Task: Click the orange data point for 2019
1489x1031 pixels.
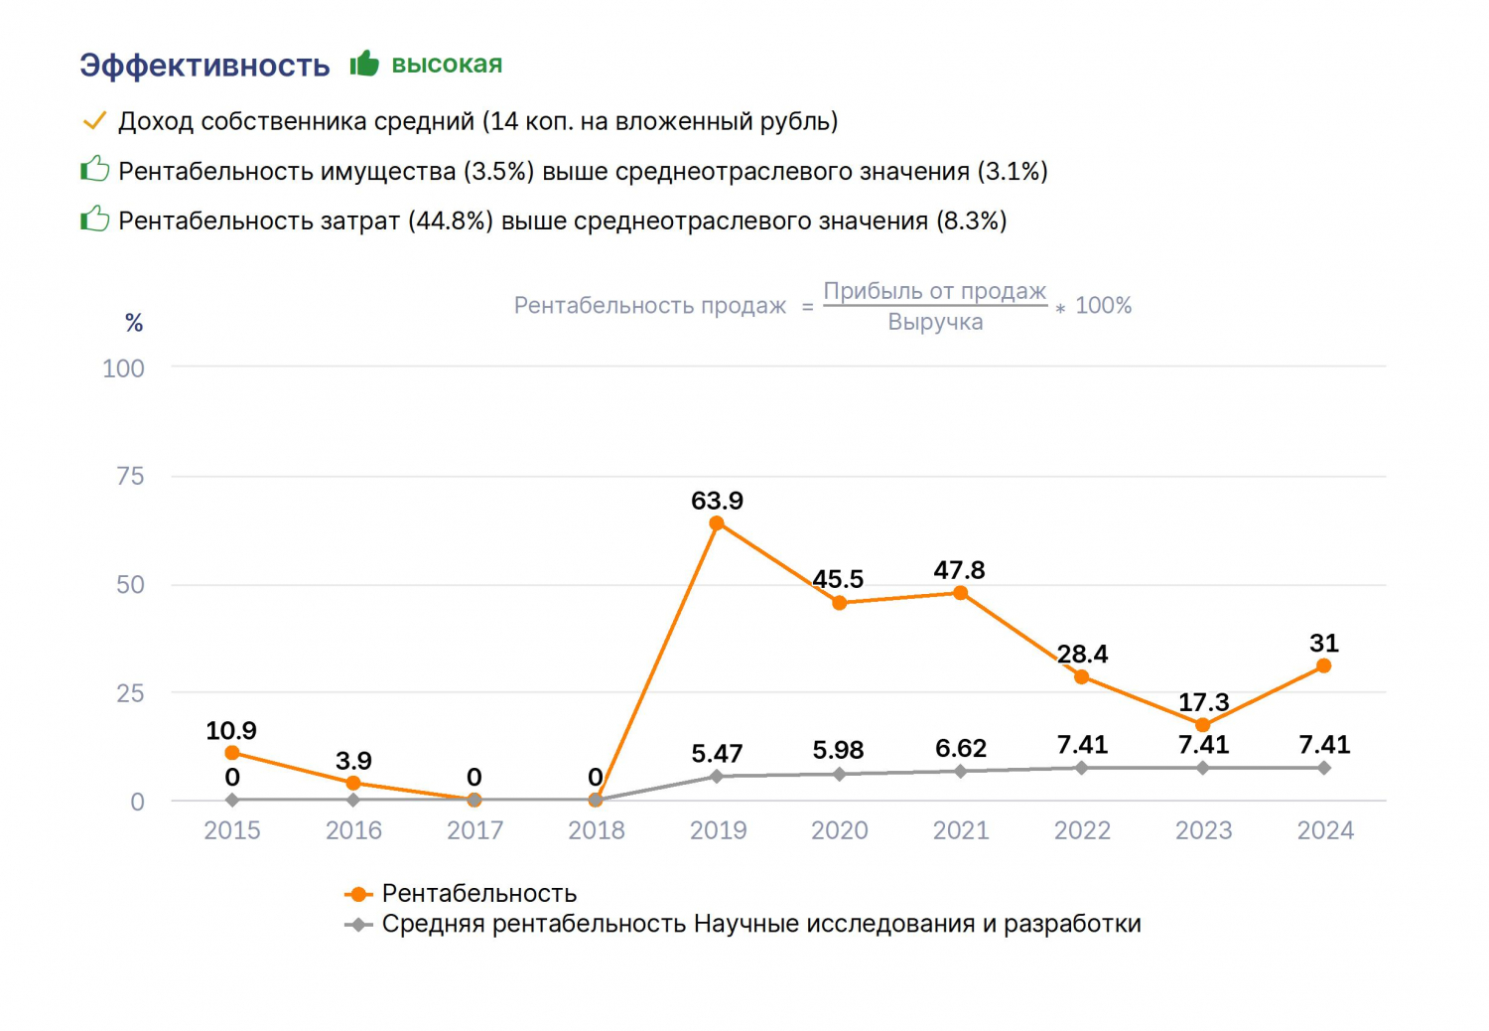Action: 717,523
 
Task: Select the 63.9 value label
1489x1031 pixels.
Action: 718,501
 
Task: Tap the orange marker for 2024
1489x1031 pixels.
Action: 1323,665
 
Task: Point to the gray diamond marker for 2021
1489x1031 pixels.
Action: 961,771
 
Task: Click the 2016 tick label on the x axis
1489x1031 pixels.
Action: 353,830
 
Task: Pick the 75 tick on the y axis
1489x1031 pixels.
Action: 130,476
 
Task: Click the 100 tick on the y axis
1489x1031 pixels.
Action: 124,368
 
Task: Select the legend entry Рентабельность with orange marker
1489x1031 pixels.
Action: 460,893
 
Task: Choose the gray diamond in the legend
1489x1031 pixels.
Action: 358,925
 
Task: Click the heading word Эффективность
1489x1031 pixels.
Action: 204,66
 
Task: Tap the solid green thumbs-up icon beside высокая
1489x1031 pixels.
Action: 364,64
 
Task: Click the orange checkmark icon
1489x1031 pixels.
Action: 94,121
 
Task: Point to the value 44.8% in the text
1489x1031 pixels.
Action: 450,221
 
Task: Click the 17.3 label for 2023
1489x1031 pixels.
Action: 1204,702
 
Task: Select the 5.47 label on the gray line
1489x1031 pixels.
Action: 717,753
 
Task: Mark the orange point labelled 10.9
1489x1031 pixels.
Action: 232,753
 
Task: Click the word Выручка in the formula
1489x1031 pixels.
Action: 935,322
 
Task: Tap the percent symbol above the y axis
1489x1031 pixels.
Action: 134,323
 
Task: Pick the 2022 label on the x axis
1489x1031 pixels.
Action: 1082,830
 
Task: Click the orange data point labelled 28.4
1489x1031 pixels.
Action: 1082,677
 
